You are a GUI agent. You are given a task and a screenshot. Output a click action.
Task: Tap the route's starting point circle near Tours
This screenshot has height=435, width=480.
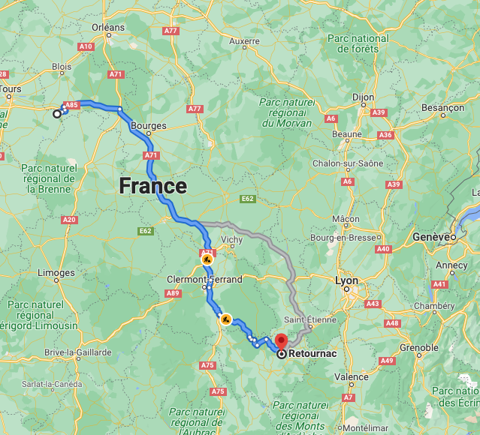click(x=57, y=114)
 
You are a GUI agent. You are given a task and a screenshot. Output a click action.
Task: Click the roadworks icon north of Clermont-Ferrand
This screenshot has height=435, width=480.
click(x=207, y=259)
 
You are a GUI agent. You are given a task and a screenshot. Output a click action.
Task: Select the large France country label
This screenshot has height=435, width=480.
click(x=153, y=185)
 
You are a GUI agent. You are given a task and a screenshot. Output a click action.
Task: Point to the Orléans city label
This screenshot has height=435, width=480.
click(x=108, y=27)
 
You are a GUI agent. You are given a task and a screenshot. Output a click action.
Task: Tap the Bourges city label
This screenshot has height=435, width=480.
click(x=148, y=126)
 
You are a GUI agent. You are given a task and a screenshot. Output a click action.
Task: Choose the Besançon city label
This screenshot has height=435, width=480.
click(x=442, y=108)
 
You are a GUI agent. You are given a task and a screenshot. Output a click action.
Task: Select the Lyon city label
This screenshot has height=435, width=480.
click(x=347, y=280)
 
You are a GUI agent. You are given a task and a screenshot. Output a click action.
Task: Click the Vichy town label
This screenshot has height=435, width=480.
click(x=232, y=239)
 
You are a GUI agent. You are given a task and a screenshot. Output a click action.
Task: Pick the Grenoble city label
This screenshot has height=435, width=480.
click(x=418, y=347)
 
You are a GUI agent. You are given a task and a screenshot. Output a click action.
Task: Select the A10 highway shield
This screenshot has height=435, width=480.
click(x=86, y=46)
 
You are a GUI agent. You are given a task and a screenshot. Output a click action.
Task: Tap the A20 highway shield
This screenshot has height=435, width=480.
click(x=70, y=220)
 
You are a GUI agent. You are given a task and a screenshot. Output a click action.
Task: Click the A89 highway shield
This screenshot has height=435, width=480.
click(x=173, y=293)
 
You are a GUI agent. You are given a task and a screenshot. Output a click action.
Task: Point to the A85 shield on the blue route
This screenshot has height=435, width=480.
click(x=72, y=105)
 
